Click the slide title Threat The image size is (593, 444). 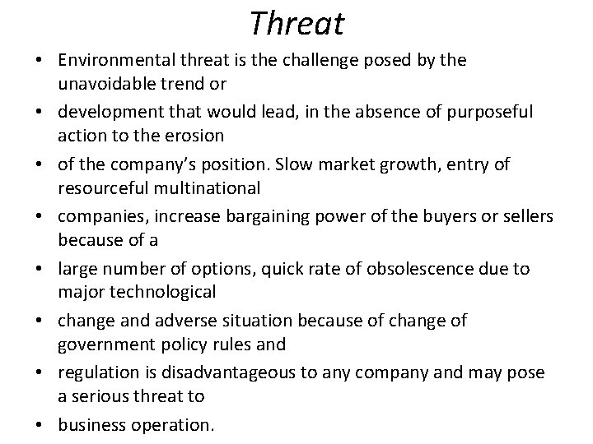coord(296,23)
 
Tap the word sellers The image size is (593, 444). coord(528,215)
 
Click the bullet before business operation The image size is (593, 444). coord(40,425)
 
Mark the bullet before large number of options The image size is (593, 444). coord(40,269)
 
